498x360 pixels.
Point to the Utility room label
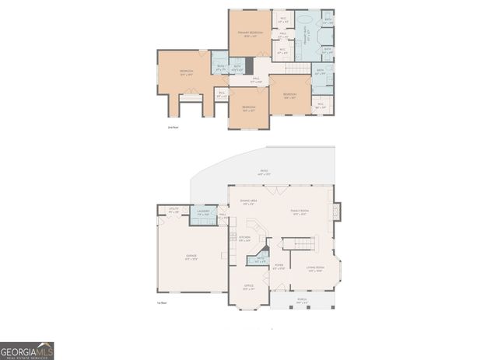tap(173, 211)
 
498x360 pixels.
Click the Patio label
tap(265, 173)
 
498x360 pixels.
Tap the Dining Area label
tap(249, 202)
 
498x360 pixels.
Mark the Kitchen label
tap(244, 239)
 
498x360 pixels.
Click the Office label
tap(249, 287)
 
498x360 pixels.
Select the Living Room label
tap(315, 269)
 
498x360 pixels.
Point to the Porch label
tap(301, 299)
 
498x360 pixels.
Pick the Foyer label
tap(279, 267)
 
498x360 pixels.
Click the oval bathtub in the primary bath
tap(305, 18)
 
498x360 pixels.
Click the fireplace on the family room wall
tap(336, 211)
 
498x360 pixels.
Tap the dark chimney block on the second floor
tap(249, 65)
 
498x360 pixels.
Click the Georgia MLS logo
tap(27, 351)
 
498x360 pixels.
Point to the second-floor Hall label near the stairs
tap(257, 79)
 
